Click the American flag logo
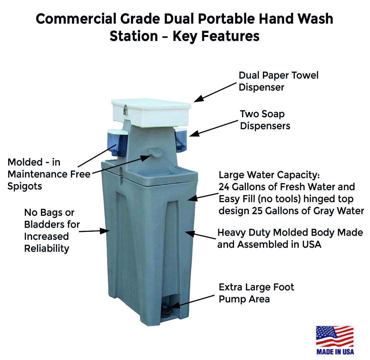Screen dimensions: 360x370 click(x=334, y=336)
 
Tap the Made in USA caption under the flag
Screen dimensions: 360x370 click(x=335, y=351)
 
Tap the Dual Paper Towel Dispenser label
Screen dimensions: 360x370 click(x=278, y=81)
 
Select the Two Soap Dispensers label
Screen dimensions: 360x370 click(x=265, y=120)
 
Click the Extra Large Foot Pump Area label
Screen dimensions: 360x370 click(x=256, y=293)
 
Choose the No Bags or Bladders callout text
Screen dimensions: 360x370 click(x=52, y=230)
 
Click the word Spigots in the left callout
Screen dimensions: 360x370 click(x=25, y=186)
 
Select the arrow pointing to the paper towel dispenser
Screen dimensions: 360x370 click(x=215, y=91)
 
